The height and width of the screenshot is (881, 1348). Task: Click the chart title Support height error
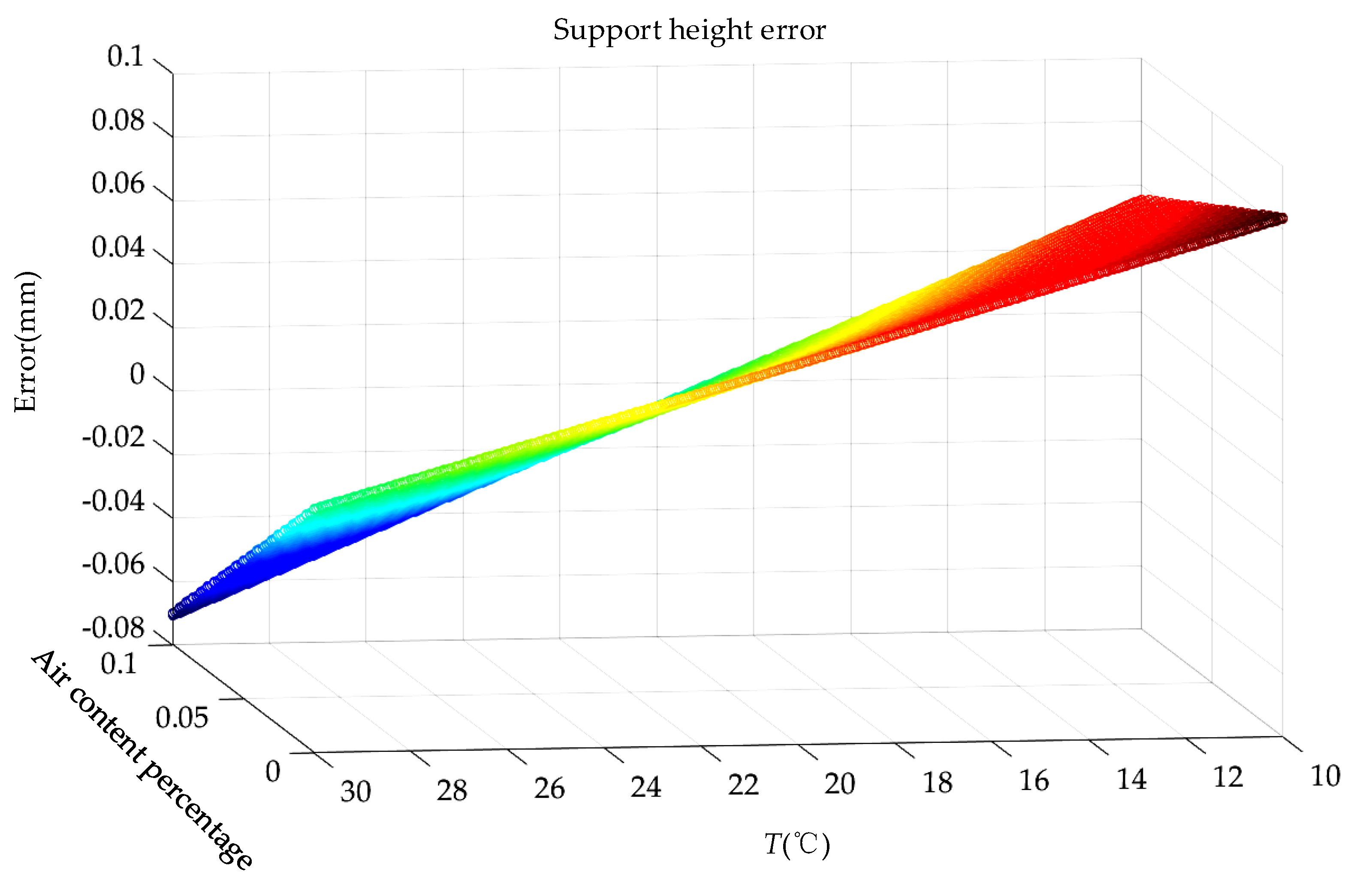point(689,30)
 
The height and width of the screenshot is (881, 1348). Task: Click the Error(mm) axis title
point(25,342)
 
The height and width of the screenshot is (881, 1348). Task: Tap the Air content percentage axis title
point(142,759)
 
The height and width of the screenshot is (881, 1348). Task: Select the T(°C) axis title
point(797,844)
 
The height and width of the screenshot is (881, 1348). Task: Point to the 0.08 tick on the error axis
point(118,121)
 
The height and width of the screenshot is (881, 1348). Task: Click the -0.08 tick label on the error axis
point(113,628)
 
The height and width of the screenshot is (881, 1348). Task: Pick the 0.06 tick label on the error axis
point(118,184)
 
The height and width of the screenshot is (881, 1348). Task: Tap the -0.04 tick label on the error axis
point(113,501)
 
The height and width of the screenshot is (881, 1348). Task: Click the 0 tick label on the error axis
point(137,374)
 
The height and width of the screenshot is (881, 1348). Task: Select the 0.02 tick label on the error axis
point(118,311)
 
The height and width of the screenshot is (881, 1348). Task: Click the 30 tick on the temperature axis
point(355,791)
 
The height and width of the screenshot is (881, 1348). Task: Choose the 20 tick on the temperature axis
point(839,784)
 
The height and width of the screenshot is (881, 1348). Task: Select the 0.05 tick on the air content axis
point(182,718)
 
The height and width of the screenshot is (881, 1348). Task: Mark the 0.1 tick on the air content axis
point(119,664)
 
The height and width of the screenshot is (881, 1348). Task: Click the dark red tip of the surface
point(1281,219)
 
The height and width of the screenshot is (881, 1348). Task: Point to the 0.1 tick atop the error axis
point(126,57)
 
